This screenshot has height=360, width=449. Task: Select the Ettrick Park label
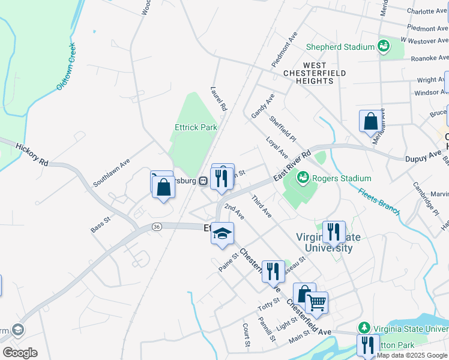(196, 127)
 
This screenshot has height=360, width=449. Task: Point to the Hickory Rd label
(32, 155)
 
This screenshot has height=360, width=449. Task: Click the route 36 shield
(157, 226)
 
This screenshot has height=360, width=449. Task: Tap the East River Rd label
(292, 167)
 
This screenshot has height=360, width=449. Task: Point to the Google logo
(20, 352)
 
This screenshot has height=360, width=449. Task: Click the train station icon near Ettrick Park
(203, 181)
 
